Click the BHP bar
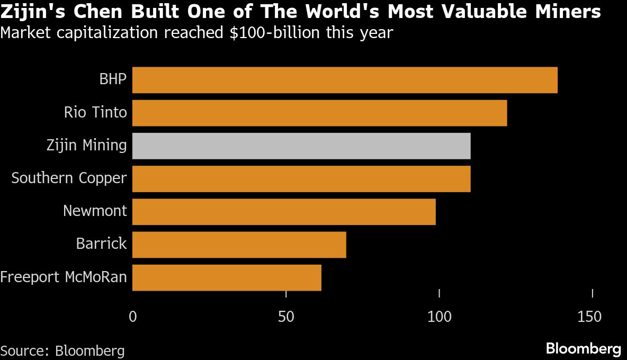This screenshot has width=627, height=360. coord(344,80)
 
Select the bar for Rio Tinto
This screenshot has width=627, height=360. coord(319,113)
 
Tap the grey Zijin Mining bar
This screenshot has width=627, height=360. coord(301,146)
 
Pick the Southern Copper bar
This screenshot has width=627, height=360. coord(301,178)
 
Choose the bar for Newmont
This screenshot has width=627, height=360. coord(283,211)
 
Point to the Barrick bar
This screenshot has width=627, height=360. coord(239,244)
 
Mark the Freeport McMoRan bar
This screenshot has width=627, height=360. coord(226,277)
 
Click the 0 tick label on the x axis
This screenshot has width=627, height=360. coord(132,317)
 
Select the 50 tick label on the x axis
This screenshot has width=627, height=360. coord(286,317)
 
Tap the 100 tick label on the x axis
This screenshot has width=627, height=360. coord(439,317)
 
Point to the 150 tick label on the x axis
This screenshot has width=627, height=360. coord(589,317)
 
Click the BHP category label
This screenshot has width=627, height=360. coord(113,80)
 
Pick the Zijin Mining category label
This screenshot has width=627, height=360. coord(86,146)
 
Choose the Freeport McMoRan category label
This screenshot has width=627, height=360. coord(64,277)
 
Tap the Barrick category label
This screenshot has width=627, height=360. coord(101,244)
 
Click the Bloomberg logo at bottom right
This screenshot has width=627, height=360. coord(583,349)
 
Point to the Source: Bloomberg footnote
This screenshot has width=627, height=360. coord(62,350)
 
